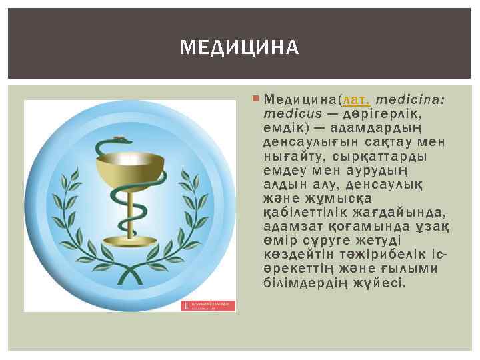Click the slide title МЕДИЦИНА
pyautogui.click(x=240, y=48)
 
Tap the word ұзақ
pyautogui.click(x=434, y=227)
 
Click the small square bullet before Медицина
pyautogui.click(x=257, y=99)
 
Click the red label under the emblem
pyautogui.click(x=211, y=305)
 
